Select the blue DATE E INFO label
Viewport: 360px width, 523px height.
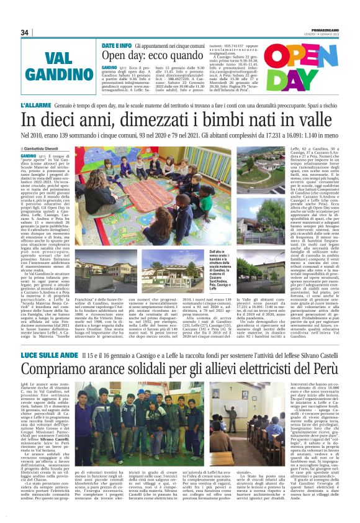pos(116,46)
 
